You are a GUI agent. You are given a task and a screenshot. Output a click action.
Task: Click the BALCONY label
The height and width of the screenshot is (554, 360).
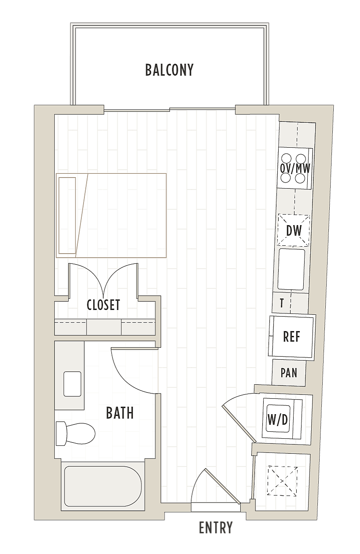(169, 70)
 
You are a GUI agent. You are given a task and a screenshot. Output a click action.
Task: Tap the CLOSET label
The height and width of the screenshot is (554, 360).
(103, 305)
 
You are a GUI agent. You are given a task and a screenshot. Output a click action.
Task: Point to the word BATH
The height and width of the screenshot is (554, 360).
(120, 413)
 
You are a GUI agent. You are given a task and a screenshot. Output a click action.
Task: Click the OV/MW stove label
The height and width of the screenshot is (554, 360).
(295, 169)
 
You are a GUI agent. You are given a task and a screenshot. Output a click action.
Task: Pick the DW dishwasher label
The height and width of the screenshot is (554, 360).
(294, 230)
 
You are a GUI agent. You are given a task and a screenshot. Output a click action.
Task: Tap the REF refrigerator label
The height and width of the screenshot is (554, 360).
(292, 336)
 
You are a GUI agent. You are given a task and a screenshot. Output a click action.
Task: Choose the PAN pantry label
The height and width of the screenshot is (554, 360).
(289, 373)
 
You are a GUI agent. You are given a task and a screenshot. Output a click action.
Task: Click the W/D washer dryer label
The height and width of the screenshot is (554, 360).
(278, 420)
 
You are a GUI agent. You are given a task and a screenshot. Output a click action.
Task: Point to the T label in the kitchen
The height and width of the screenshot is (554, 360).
(282, 303)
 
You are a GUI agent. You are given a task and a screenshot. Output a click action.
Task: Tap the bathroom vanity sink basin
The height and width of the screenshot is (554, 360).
(72, 383)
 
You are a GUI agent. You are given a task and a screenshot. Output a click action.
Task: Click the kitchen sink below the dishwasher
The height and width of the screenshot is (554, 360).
(291, 269)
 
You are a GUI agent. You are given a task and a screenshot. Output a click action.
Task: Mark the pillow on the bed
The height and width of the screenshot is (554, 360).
(67, 215)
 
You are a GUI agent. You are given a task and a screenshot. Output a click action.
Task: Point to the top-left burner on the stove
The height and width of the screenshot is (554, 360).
(287, 158)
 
